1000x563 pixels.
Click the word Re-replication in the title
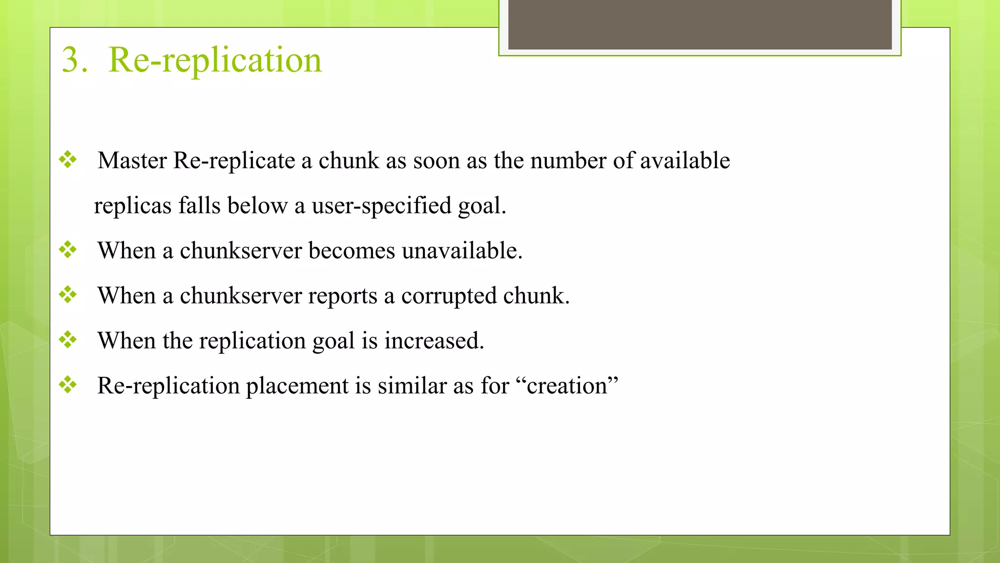(x=215, y=60)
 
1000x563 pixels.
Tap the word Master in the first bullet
(x=132, y=160)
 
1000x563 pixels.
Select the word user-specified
(x=381, y=206)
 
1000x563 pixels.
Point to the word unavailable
(x=462, y=251)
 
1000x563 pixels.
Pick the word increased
(x=434, y=341)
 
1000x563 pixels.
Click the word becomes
(x=352, y=251)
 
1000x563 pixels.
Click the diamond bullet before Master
(x=68, y=159)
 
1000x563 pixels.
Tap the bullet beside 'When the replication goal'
(x=68, y=339)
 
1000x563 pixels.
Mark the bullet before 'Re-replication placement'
(x=68, y=384)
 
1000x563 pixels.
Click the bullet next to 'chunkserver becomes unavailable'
(x=68, y=249)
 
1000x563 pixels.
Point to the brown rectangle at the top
(x=700, y=24)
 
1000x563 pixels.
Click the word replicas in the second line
(x=133, y=206)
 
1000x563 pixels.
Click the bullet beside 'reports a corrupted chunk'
(x=68, y=294)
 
